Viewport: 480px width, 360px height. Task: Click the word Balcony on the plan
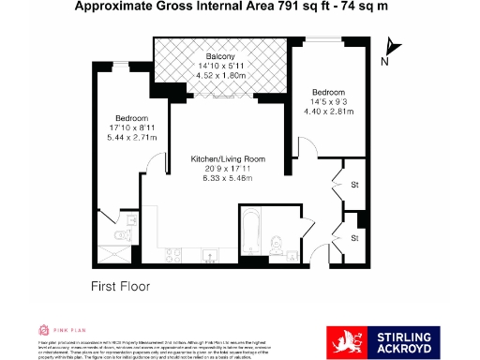coord(220,56)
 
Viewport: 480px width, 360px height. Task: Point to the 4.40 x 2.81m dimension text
coord(328,112)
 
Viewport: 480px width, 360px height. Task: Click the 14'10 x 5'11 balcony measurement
coord(220,66)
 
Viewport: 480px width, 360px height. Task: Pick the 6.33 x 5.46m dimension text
coord(221,179)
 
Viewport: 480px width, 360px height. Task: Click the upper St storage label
coord(353,186)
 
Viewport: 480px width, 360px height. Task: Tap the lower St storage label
coord(353,238)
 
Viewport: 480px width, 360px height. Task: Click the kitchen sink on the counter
coord(208,254)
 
